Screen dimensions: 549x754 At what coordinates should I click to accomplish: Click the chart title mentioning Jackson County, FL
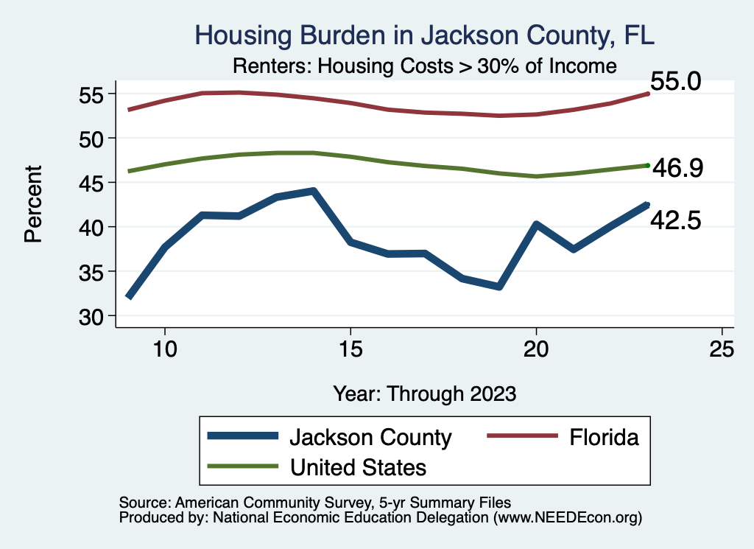(424, 35)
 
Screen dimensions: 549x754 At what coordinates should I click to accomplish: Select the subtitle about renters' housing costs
(424, 66)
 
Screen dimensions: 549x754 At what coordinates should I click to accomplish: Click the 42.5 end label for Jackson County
(675, 219)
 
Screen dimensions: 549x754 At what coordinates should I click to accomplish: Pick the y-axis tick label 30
(97, 316)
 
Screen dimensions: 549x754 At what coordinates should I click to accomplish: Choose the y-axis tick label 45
(97, 183)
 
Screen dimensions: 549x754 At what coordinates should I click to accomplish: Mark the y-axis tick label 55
(97, 94)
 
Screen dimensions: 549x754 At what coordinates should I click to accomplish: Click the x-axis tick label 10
(164, 349)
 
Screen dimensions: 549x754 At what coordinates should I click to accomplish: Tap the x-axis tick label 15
(350, 349)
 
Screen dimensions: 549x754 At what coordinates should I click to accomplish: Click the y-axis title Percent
(32, 205)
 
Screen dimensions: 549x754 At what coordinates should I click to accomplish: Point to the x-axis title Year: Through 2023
(424, 394)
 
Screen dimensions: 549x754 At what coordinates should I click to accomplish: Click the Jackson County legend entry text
(370, 437)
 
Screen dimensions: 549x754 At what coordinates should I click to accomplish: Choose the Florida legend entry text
(603, 437)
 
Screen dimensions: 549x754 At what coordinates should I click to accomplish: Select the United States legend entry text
(359, 467)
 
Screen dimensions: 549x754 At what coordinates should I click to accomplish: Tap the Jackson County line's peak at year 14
(314, 192)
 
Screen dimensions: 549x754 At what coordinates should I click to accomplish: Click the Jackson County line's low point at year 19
(499, 286)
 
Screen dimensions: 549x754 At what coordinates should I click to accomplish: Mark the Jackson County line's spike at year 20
(537, 224)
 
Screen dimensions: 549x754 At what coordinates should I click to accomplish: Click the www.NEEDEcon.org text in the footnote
(568, 518)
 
